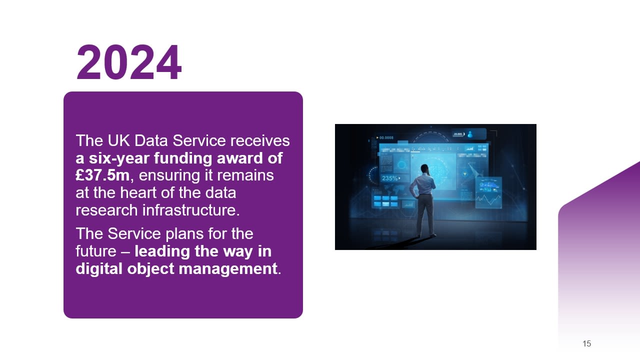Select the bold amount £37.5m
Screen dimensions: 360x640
coord(102,175)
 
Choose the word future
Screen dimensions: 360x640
coord(97,251)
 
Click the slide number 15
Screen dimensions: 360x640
coord(586,343)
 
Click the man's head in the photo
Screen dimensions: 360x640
coord(424,168)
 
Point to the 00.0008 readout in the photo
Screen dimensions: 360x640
coord(385,137)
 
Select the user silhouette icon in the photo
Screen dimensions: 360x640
coord(470,134)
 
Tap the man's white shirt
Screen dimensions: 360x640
coord(423,185)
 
